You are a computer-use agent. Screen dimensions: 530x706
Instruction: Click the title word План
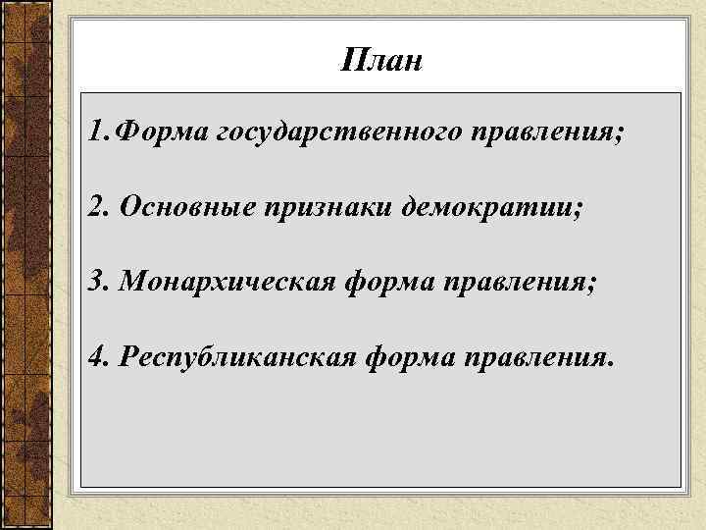point(382,62)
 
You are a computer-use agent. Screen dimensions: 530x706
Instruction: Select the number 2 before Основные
point(95,206)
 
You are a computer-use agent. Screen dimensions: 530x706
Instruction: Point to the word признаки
point(322,208)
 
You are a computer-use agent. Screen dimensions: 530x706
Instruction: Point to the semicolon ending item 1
point(618,135)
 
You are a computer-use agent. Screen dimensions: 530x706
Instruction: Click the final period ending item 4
point(614,365)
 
